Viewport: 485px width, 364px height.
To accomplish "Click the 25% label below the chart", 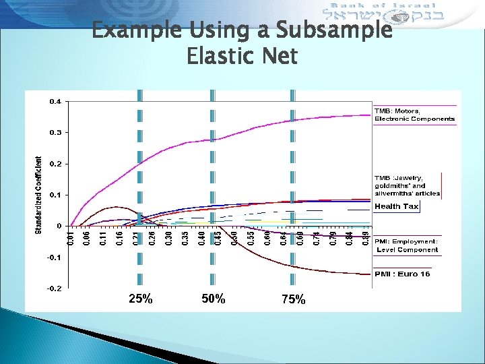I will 140,299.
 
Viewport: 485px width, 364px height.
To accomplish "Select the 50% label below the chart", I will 214,299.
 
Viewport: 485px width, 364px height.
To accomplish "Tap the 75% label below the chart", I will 293,300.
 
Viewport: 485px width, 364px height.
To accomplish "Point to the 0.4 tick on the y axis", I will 55,102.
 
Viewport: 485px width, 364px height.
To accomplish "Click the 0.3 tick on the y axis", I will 55,133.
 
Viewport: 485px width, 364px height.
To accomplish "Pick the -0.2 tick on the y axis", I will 53,289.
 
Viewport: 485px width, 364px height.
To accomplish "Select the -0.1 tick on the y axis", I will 53,257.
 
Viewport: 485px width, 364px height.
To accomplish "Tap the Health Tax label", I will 397,206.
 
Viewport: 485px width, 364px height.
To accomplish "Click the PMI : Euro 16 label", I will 402,274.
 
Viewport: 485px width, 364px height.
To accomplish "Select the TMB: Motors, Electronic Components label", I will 414,115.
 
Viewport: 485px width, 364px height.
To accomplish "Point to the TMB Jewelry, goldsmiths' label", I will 408,185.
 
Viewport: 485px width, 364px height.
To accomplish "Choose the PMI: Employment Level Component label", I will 406,245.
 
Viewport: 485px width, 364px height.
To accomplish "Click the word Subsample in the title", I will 334,30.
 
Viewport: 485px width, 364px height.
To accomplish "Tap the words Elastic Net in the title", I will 242,57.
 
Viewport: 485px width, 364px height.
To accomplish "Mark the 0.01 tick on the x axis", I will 70,238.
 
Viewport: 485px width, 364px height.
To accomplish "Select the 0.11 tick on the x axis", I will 103,238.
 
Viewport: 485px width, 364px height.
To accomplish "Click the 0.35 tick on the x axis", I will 185,238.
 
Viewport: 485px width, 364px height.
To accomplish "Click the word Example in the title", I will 131,30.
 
